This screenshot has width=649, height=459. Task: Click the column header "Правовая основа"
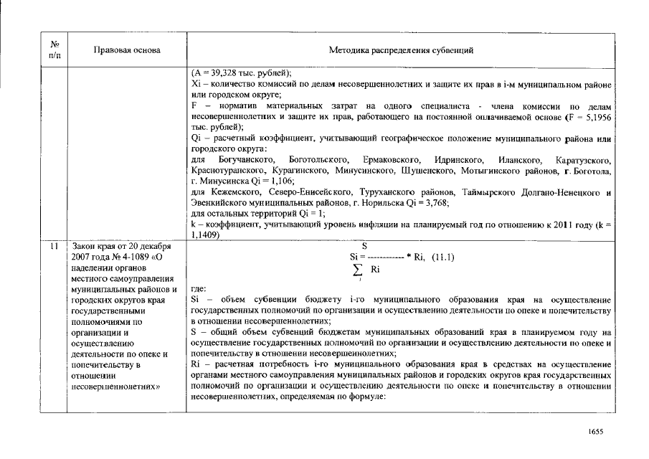pos(127,50)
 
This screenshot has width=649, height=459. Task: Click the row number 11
pos(55,247)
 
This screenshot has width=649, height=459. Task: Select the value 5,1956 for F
pos(594,115)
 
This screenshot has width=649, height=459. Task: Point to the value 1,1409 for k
pos(207,235)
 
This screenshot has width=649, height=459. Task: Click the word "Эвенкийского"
pos(220,203)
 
